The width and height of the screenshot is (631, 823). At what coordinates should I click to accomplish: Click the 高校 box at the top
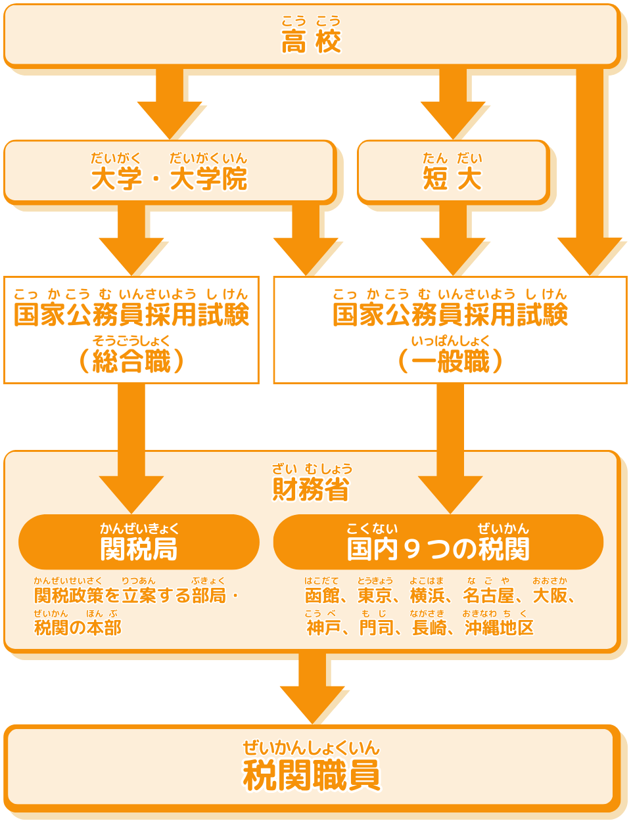tap(311, 36)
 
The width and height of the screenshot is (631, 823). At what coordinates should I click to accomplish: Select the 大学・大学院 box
tap(170, 172)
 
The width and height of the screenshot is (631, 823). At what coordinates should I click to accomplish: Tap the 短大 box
tap(452, 172)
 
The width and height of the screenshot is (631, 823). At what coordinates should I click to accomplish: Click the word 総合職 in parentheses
tap(131, 361)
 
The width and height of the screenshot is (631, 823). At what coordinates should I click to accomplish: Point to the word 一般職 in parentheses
tap(450, 361)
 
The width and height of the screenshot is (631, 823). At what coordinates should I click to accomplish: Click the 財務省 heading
tap(311, 489)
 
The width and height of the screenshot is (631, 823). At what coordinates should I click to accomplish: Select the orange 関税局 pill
tap(139, 543)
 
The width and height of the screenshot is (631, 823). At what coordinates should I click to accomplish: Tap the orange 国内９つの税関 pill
tap(438, 543)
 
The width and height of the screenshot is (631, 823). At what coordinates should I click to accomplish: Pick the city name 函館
tap(322, 595)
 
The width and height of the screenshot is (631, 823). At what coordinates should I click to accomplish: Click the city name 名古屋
tap(488, 595)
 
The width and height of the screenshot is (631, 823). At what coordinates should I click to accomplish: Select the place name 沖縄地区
tap(499, 627)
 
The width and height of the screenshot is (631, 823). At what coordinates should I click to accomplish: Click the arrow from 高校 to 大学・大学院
tap(170, 105)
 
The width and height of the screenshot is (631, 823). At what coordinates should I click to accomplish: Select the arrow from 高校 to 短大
tap(452, 105)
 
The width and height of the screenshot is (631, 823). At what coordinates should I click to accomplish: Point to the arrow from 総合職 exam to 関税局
tap(131, 453)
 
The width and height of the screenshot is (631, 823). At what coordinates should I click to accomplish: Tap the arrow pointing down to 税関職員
tap(312, 690)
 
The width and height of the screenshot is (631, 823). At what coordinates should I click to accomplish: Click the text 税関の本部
tap(78, 627)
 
